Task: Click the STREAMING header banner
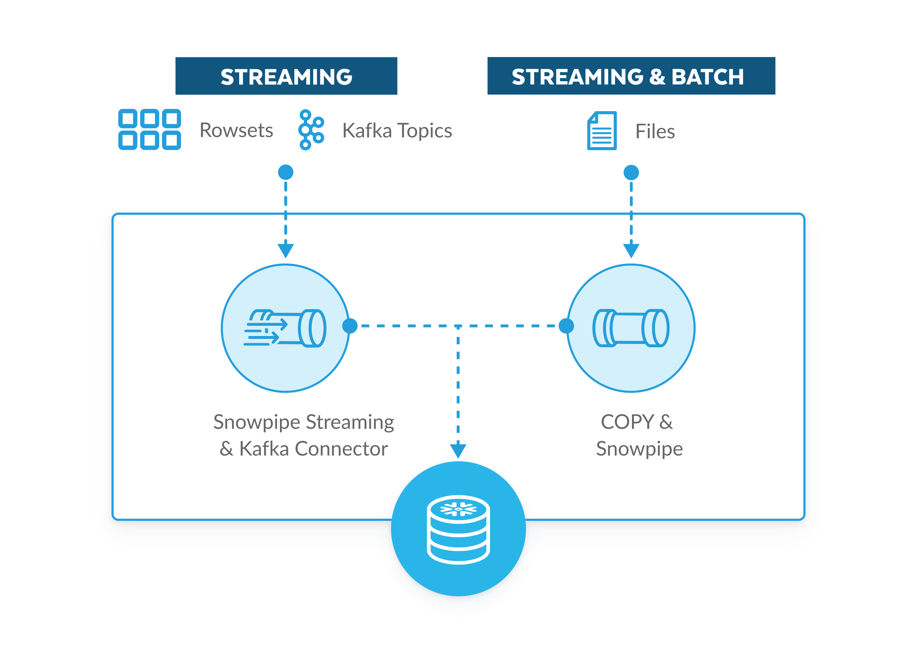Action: (x=286, y=76)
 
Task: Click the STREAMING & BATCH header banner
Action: (x=631, y=76)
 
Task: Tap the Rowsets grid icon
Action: (x=149, y=130)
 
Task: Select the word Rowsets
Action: (x=236, y=130)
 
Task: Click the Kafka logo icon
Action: (x=311, y=130)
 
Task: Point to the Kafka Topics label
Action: (x=396, y=131)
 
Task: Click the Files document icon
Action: (x=601, y=131)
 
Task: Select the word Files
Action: (x=655, y=131)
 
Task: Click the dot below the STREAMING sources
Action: (x=286, y=172)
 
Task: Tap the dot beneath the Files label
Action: (x=631, y=173)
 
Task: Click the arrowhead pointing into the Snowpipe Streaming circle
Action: (x=286, y=250)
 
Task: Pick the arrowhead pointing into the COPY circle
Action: (x=631, y=250)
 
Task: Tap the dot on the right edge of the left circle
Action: (x=350, y=326)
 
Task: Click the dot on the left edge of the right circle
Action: (x=566, y=326)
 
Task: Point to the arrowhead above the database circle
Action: (x=458, y=450)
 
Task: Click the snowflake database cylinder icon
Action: (x=458, y=529)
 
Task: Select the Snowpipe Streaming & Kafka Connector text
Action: (x=303, y=435)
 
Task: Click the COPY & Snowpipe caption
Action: (x=639, y=435)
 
